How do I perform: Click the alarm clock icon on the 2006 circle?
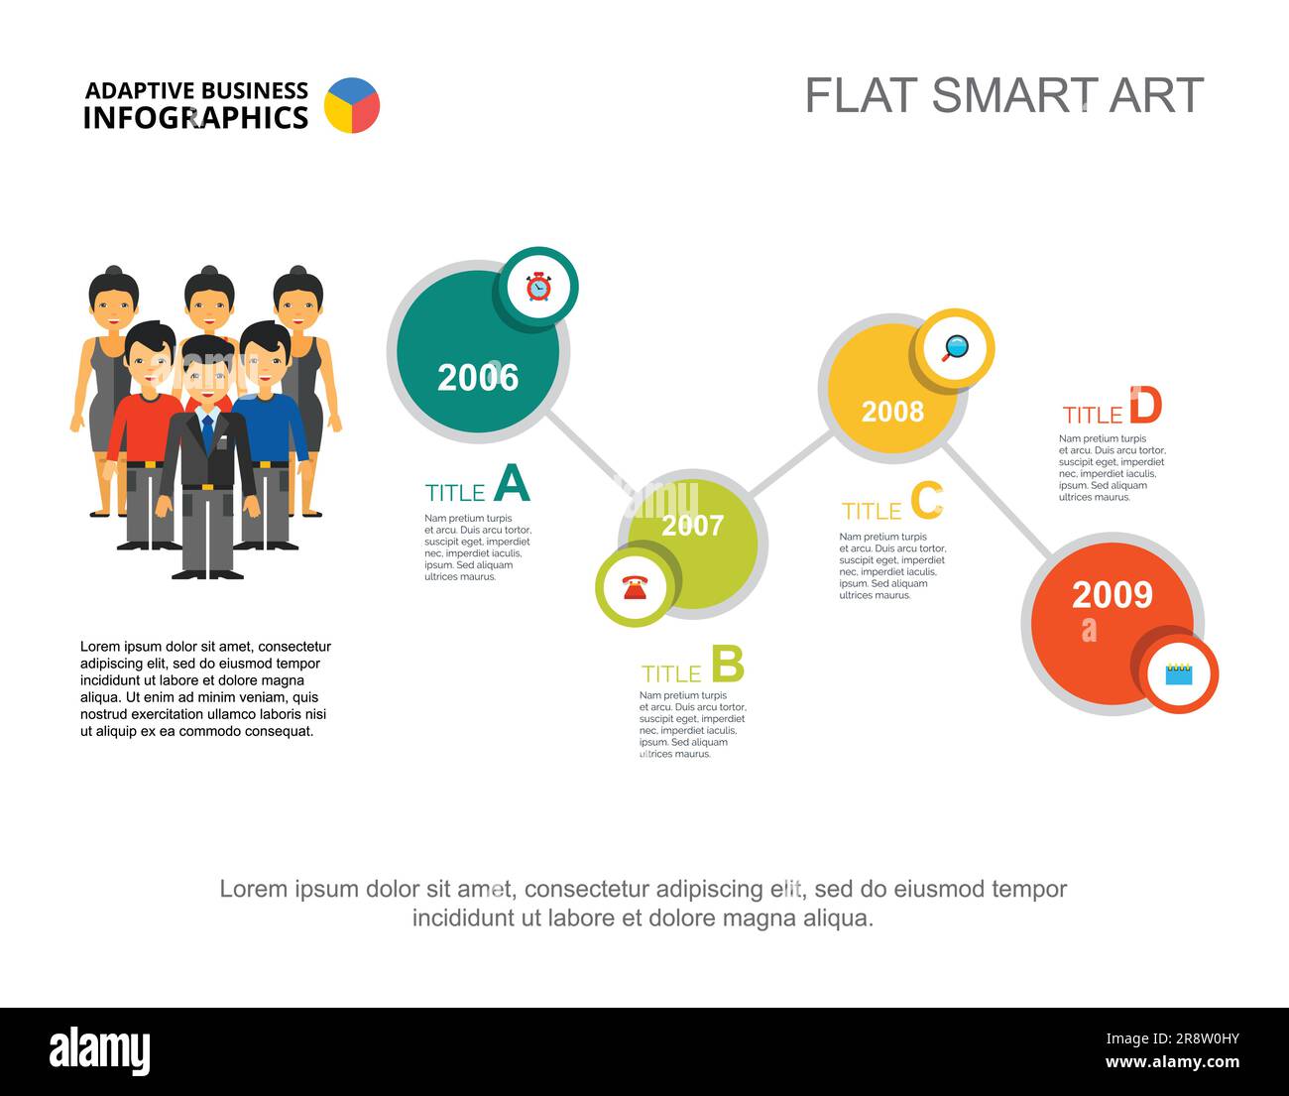pos(537,287)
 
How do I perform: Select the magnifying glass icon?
pos(955,348)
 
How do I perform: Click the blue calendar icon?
pos(1178,673)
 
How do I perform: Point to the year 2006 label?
pos(478,378)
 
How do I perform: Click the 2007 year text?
pos(692,526)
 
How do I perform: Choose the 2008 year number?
pos(892,412)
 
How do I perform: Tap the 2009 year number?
pos(1112,595)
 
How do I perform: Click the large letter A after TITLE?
pos(512,485)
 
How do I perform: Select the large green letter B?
pos(727,665)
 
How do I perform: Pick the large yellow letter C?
pos(927,502)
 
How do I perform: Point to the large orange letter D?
pos(1144,407)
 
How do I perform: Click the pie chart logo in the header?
pos(352,105)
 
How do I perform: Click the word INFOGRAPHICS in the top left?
pos(195,118)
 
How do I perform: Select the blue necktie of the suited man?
pos(207,432)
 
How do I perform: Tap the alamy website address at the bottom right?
pos(1172,1062)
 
